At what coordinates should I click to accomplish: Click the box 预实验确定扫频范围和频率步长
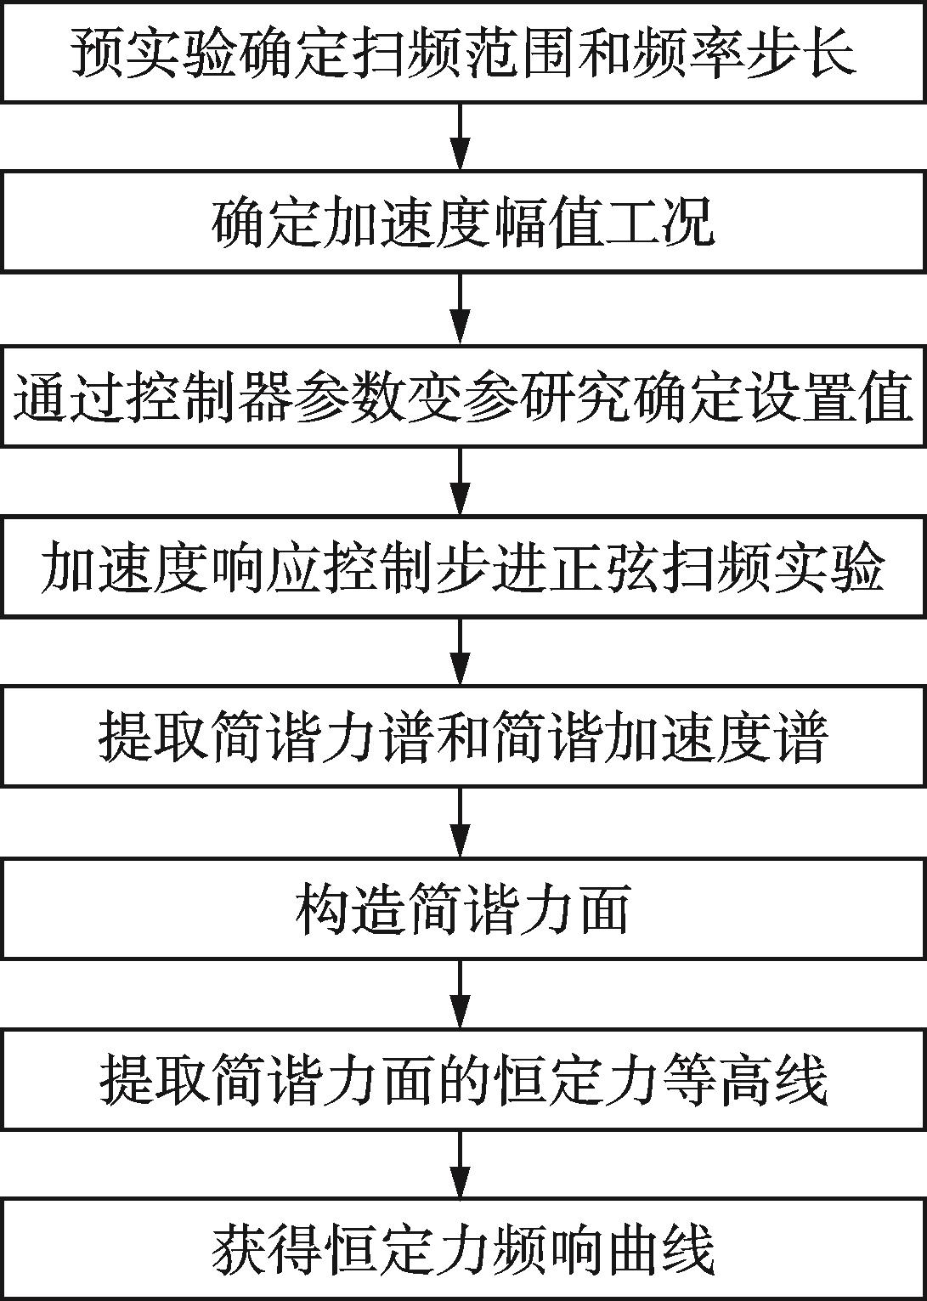coord(463,53)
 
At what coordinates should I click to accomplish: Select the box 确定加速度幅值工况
coord(463,223)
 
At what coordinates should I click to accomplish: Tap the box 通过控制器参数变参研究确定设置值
coord(463,395)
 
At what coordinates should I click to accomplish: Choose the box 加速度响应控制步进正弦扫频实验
coord(463,566)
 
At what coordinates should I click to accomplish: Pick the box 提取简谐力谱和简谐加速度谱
coord(463,737)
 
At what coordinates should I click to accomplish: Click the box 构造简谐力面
coord(463,908)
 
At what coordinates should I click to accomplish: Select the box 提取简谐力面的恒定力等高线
coord(463,1079)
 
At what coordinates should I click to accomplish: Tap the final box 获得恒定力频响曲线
coord(463,1249)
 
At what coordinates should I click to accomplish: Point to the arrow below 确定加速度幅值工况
coord(460,308)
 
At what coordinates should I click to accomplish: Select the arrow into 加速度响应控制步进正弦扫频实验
coord(460,480)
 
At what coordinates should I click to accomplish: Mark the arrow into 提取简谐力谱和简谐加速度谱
coord(460,651)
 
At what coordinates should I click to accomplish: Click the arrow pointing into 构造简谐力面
coord(460,823)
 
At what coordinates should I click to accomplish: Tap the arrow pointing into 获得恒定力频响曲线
coord(460,1164)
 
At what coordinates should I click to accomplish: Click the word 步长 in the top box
coord(815,54)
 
